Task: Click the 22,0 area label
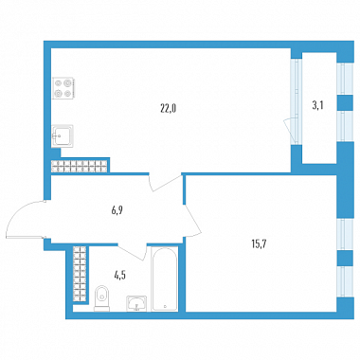pos(168,109)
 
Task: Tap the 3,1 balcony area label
pos(318,105)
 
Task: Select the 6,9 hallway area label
pos(117,210)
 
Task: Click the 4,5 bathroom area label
pos(120,276)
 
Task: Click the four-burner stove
pos(63,88)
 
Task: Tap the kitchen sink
pos(63,136)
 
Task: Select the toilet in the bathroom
pos(101,298)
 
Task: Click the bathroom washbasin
pos(136,303)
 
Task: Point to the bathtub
pos(165,279)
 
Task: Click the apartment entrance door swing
pos(26,219)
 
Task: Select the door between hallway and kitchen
pos(166,183)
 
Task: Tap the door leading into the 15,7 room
pos(192,221)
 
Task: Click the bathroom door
pos(133,252)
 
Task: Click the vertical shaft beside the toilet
pos(80,275)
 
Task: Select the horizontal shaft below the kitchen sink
pos(80,167)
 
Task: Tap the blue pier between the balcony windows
pos(345,102)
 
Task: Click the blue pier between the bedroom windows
pos(345,259)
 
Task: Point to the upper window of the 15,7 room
pos(345,234)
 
